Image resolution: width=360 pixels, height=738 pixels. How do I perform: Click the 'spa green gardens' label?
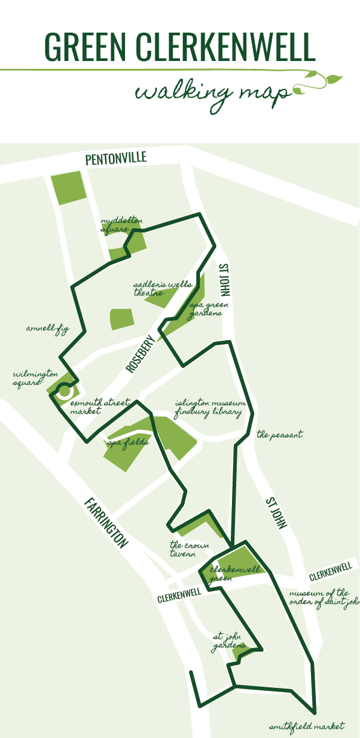click(206, 310)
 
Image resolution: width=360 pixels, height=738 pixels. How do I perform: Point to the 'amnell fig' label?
click(48, 329)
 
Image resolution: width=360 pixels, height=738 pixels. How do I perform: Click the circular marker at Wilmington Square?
click(63, 391)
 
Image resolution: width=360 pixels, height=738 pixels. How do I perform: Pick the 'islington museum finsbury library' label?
click(209, 408)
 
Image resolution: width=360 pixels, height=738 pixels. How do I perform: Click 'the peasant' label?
click(279, 434)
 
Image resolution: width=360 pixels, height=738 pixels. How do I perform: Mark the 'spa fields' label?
click(128, 443)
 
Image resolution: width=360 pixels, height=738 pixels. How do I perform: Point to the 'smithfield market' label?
click(307, 726)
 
